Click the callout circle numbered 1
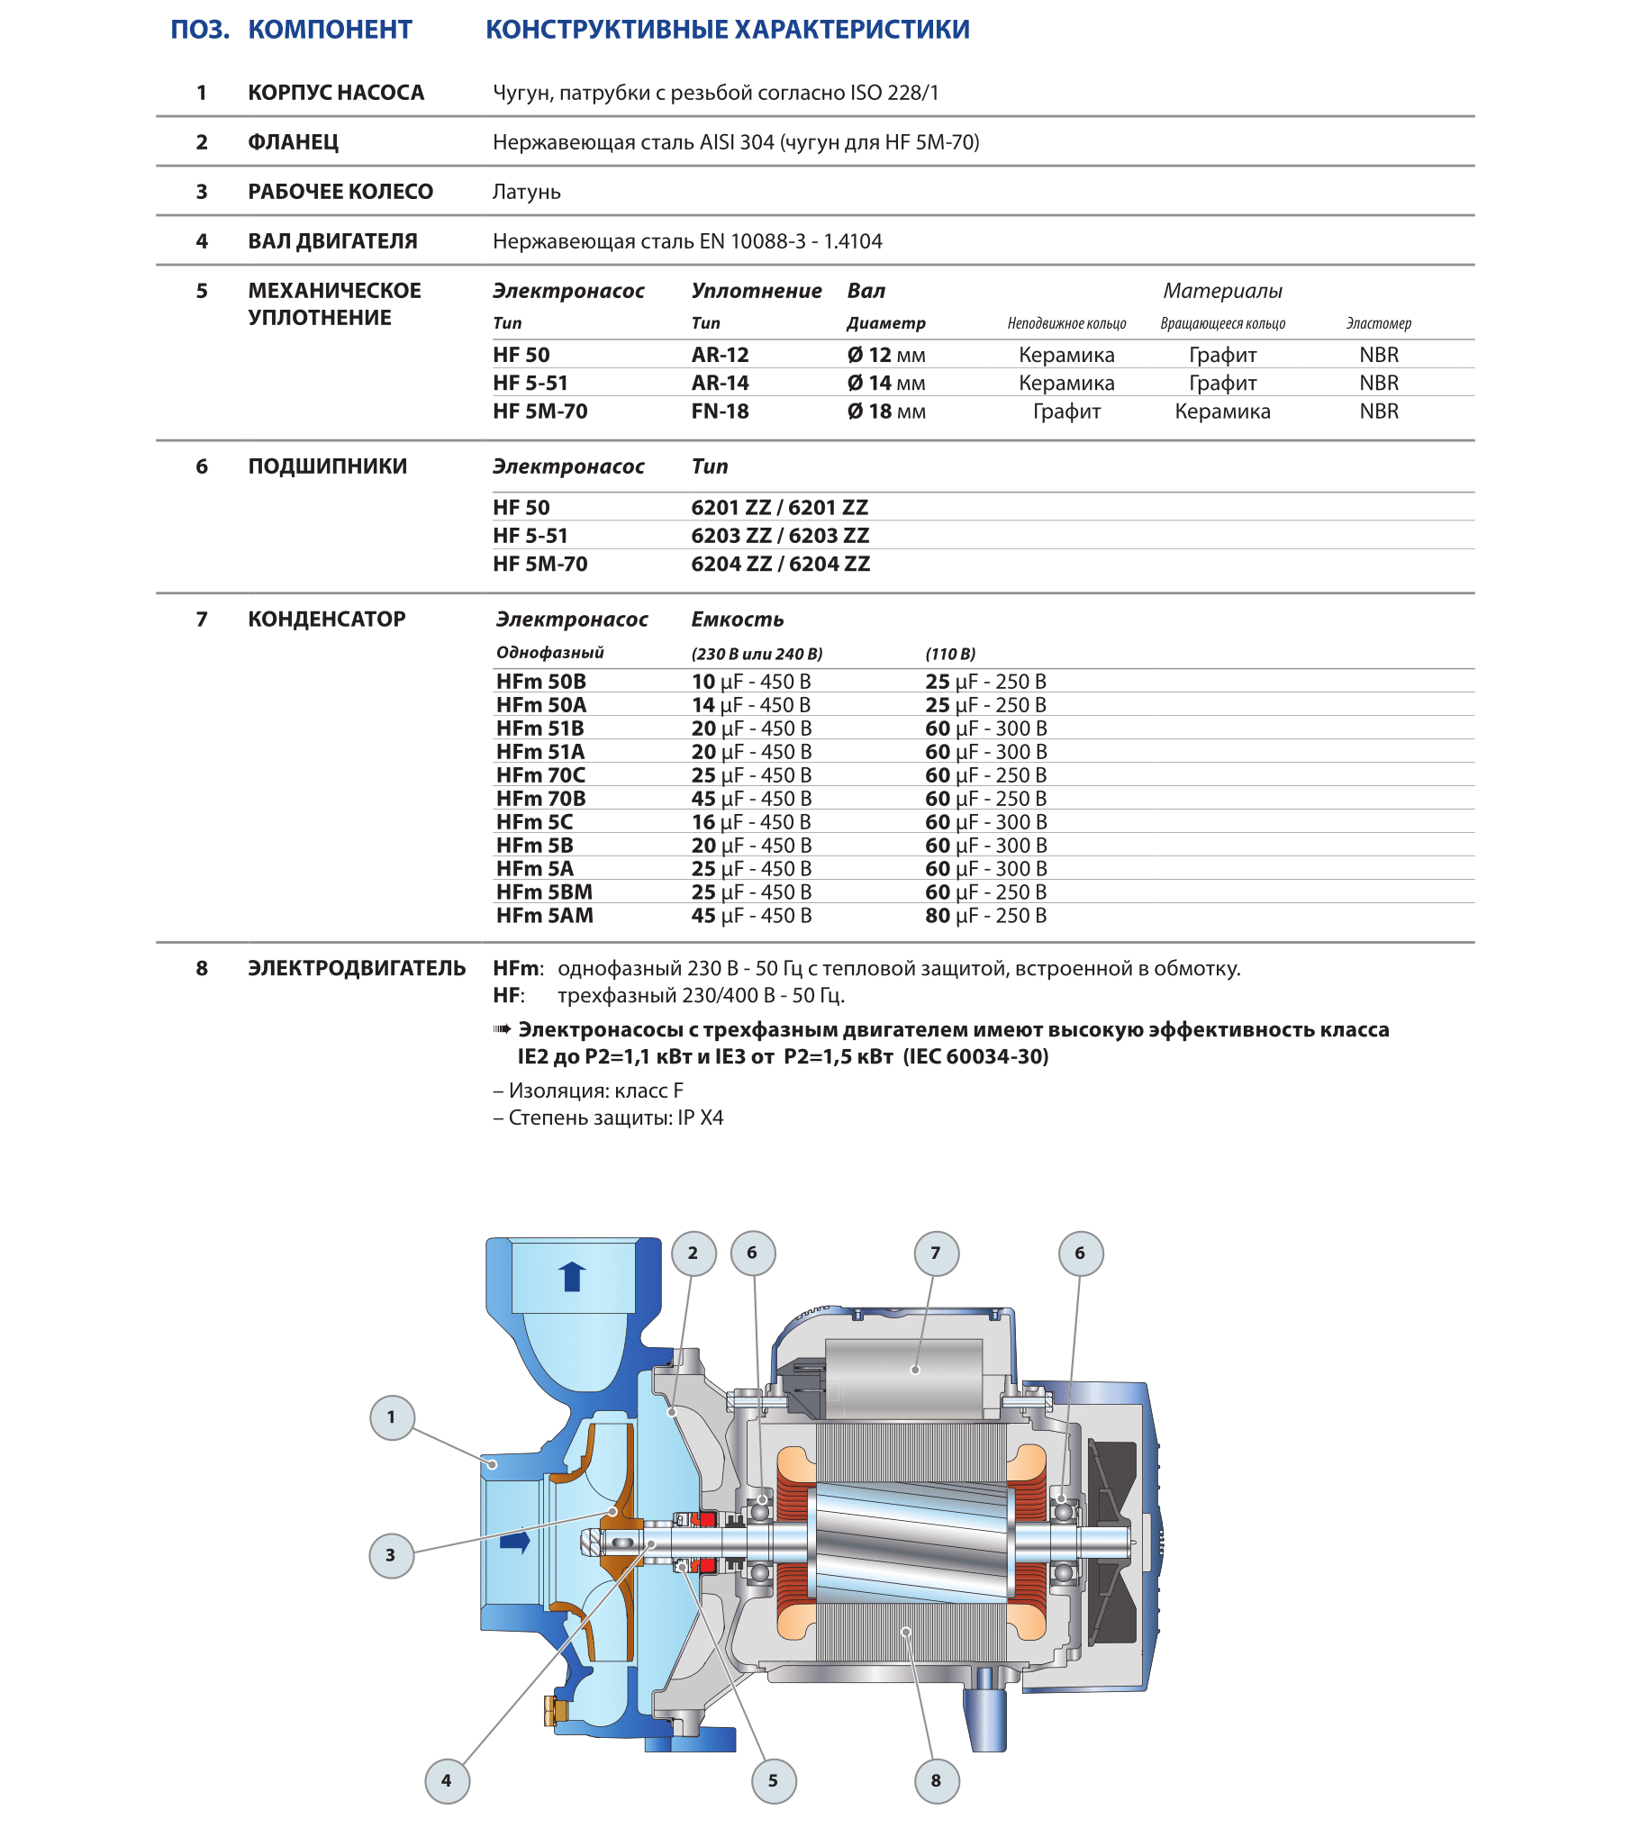point(392,1416)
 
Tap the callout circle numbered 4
point(447,1780)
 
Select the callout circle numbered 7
point(936,1253)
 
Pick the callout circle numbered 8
point(937,1780)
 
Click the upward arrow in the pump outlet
point(572,1276)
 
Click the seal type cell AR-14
point(720,383)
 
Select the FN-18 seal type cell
point(720,412)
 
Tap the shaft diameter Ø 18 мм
point(886,412)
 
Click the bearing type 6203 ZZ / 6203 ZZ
point(780,536)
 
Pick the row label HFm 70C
point(540,775)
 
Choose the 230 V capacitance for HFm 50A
point(750,705)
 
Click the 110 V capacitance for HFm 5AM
point(985,916)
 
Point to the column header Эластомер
point(1378,323)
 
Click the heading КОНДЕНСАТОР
point(327,620)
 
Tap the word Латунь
point(526,192)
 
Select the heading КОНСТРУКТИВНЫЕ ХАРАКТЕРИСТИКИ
point(728,30)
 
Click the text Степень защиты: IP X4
point(615,1118)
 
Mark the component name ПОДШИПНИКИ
point(328,466)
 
